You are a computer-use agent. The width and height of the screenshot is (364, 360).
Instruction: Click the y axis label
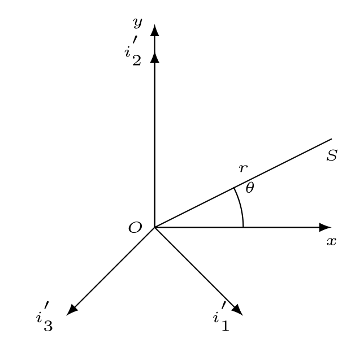coord(137,23)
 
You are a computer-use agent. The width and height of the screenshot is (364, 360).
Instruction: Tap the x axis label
coord(332,241)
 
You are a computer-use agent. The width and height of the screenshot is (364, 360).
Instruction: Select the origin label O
coord(135,227)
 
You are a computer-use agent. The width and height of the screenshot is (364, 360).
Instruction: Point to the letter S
coord(332,155)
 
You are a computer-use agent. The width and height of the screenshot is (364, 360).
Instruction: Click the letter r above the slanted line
coord(243,168)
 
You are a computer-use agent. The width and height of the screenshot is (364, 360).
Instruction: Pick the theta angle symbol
coord(250,188)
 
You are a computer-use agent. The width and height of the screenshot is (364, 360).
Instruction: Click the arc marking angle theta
coord(240,206)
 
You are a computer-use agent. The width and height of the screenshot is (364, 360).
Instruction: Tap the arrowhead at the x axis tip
coord(325,227)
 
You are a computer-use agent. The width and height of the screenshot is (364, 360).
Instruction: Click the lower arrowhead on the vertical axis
coord(154,57)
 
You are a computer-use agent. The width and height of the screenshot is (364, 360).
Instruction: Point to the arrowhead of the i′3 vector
coord(72,309)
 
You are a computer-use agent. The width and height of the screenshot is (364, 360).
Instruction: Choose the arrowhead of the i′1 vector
coord(237,309)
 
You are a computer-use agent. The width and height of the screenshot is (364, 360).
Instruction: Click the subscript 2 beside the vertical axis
coord(137,60)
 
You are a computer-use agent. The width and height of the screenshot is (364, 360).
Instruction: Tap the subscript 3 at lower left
coord(48,326)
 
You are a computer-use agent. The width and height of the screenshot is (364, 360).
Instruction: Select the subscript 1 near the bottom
coord(225,326)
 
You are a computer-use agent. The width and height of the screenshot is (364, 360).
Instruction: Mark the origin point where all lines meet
coord(154,227)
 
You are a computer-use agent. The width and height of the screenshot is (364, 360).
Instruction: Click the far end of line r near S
coord(331,139)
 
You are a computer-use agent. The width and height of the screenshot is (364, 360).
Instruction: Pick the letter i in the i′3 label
coord(39,318)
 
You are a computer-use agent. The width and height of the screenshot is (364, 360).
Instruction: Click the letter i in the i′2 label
coord(127,53)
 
